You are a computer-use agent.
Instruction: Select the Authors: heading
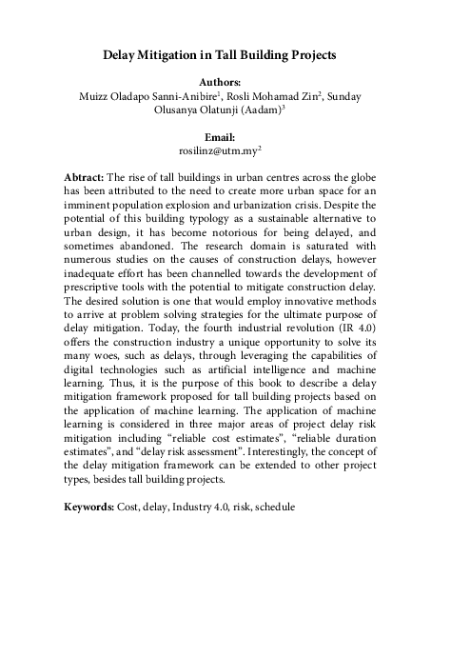pyautogui.click(x=225, y=83)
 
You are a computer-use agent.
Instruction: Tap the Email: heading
pyautogui.click(x=225, y=137)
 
